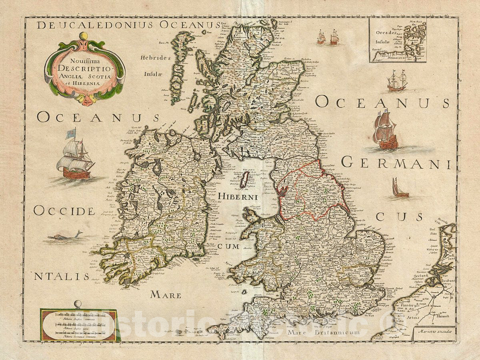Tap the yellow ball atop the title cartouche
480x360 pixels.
tap(83, 36)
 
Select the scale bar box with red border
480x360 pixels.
tap(78, 325)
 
